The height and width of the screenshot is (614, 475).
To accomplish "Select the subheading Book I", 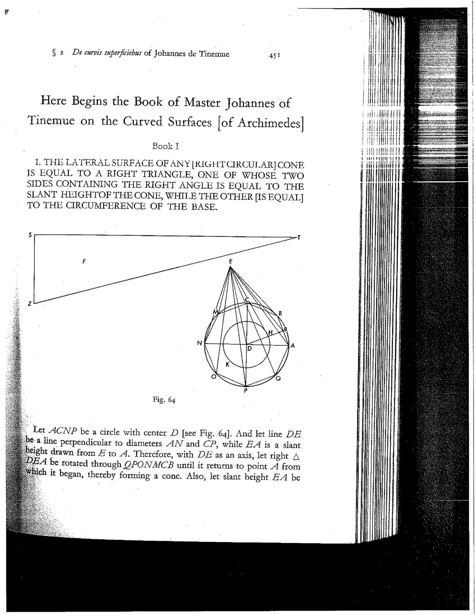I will click(x=166, y=146).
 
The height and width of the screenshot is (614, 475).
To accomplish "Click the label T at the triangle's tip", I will click(x=299, y=237).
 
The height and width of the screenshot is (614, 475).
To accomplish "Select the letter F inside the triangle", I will click(x=84, y=261).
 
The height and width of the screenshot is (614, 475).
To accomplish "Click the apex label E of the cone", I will click(x=230, y=261).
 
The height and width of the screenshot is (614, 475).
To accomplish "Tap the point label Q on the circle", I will click(x=278, y=379).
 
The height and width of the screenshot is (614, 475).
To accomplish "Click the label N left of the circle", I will click(x=199, y=343).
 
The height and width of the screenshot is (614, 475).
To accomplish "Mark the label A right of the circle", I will click(x=293, y=345).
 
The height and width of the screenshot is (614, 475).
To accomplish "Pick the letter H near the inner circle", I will click(x=271, y=333).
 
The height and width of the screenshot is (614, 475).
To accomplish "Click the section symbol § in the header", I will click(x=54, y=54).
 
